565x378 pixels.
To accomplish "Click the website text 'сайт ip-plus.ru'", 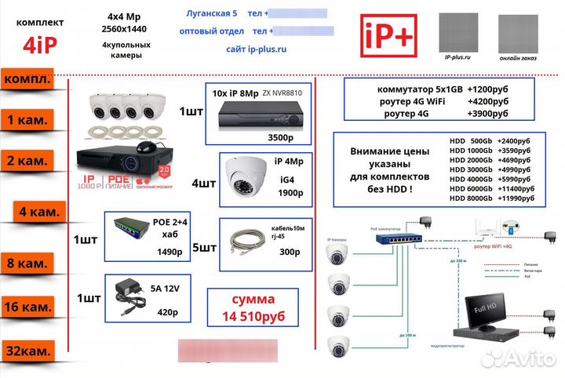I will (x=257, y=49).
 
